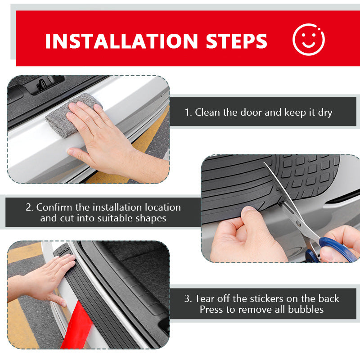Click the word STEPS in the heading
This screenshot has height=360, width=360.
(x=237, y=41)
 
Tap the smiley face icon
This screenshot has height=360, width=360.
(x=308, y=40)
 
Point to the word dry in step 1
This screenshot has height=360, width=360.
(x=325, y=112)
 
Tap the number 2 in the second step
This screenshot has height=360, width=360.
(x=29, y=207)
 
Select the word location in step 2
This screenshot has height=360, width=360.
(x=163, y=207)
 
